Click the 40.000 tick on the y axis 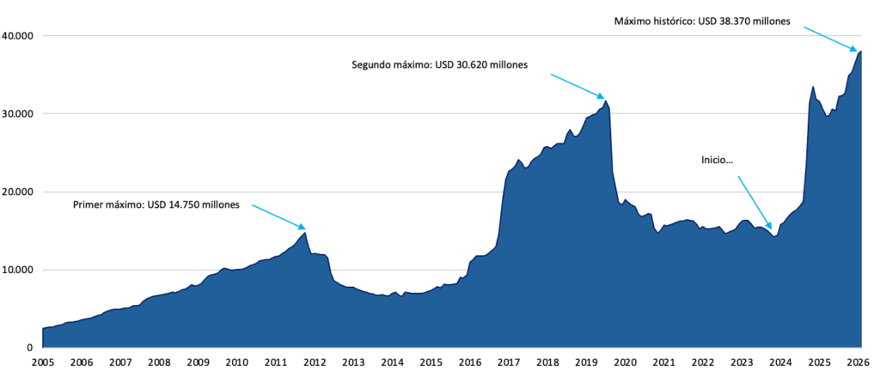19,36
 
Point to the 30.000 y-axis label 19,114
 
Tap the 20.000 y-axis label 19,192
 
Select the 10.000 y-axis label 19,271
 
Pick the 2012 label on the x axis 314,363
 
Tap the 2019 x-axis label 586,363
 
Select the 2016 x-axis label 469,363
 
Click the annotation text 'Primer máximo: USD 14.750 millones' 158,204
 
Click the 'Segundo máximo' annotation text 440,64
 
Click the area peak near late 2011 304,233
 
